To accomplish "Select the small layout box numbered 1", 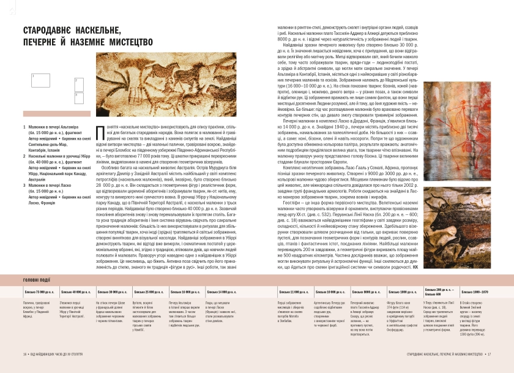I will [41, 79].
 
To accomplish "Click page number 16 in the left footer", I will [24, 354].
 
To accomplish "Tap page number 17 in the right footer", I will [490, 354].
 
